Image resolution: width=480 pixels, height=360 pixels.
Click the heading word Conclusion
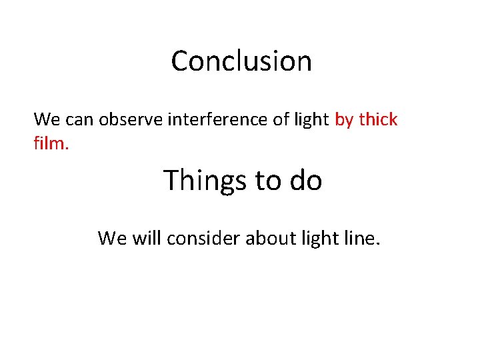click(241, 61)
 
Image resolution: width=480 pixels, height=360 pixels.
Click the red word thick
click(378, 120)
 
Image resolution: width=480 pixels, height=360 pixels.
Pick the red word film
click(51, 141)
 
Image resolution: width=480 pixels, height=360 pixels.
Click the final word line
click(363, 238)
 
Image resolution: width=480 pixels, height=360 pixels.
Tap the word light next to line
click(323, 238)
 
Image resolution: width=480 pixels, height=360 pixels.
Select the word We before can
click(45, 120)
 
